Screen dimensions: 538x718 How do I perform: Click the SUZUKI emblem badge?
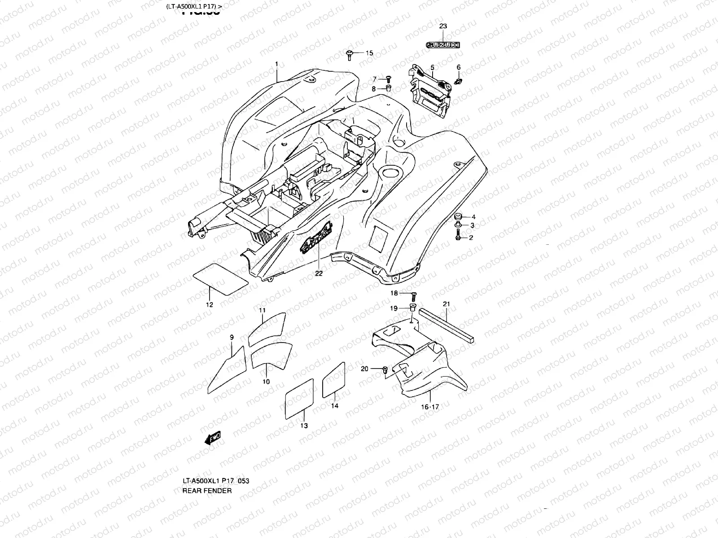point(443,44)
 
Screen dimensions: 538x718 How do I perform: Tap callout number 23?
point(443,26)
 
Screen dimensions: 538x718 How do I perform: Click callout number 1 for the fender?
point(277,64)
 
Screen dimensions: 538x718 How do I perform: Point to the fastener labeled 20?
point(385,369)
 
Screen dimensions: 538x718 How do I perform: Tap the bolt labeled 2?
point(457,235)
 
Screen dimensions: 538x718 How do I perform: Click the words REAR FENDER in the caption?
point(207,490)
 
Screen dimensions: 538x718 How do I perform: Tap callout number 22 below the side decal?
point(319,273)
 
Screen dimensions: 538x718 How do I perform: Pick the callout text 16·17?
point(429,407)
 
